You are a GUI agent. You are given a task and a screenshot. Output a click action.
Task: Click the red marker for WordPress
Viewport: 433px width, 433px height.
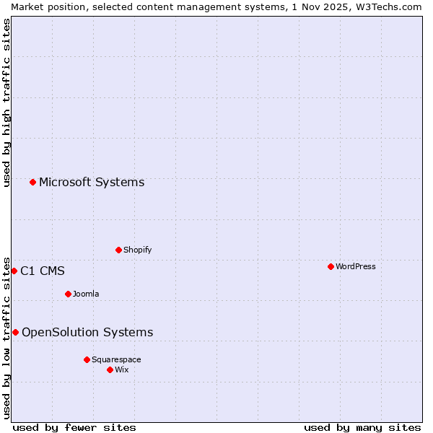coord(331,266)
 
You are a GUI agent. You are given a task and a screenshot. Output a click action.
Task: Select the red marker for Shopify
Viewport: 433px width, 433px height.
coord(118,250)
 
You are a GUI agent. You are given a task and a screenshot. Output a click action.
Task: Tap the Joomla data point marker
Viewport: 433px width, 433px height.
coord(68,294)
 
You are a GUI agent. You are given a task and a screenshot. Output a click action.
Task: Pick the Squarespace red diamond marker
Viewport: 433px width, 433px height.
coord(87,359)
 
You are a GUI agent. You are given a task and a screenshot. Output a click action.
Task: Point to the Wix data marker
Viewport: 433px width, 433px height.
coord(110,369)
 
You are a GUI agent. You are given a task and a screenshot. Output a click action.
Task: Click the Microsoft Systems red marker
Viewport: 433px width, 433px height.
coord(32,182)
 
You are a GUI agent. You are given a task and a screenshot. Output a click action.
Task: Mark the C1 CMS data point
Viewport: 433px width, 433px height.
coord(14,271)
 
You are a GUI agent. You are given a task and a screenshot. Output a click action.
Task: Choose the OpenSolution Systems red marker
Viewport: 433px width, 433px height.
coord(15,332)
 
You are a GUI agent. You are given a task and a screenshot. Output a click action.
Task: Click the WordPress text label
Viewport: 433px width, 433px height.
coord(356,266)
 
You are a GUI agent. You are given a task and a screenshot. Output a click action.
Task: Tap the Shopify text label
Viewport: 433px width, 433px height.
coord(138,250)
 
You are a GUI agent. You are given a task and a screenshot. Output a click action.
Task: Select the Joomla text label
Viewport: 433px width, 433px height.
coord(86,294)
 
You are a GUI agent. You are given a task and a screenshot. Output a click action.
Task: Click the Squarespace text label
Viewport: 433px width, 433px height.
coord(116,359)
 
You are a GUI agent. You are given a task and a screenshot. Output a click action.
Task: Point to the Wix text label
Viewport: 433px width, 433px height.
coord(122,369)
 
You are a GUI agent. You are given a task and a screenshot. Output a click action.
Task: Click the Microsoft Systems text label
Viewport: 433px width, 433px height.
coord(92,182)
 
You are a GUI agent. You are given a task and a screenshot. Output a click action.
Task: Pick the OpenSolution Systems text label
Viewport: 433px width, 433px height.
coord(87,332)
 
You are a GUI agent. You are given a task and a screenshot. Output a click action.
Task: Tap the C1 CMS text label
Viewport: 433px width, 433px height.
coord(43,271)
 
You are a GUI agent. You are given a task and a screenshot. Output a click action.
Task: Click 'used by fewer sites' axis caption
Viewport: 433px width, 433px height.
coord(74,427)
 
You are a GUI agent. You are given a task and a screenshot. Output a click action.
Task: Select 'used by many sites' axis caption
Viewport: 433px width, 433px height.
coord(362,427)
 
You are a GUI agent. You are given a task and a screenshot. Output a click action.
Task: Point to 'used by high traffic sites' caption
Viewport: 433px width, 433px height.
coord(6,102)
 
